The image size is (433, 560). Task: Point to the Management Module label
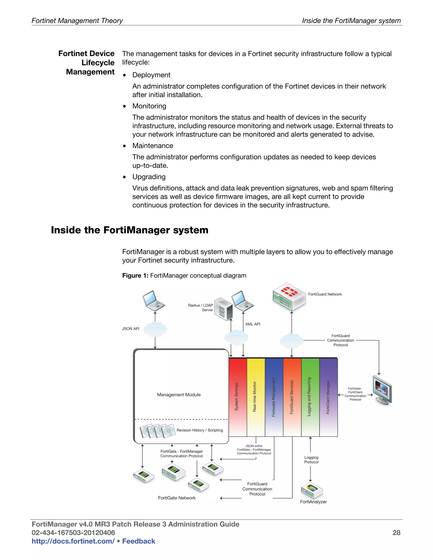tap(179, 395)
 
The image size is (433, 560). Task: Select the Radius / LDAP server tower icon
tap(223, 309)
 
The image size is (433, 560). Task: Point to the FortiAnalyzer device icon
tap(312, 490)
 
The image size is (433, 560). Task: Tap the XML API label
tap(253, 324)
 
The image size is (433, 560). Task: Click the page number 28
tap(396, 533)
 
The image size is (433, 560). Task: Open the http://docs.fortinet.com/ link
tap(73, 541)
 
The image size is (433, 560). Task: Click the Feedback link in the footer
tap(138, 541)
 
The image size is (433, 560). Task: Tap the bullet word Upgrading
tap(149, 177)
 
